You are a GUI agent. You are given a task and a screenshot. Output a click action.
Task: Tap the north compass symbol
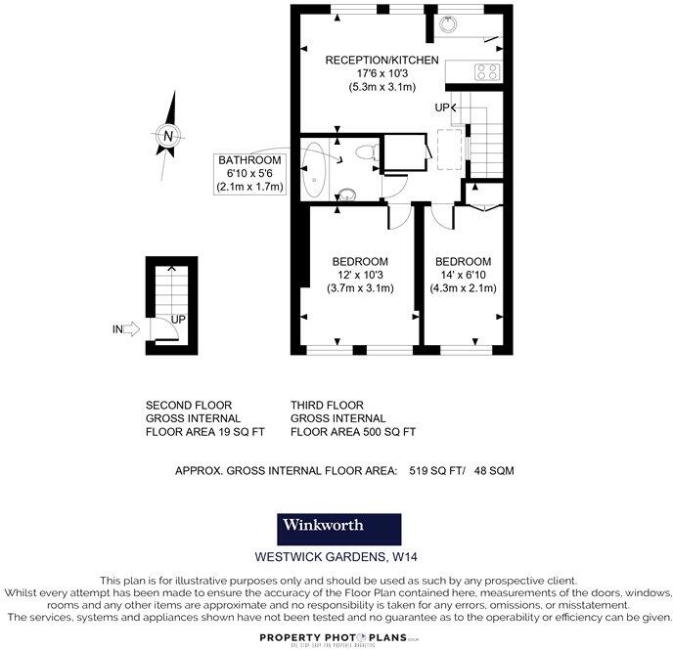tap(168, 136)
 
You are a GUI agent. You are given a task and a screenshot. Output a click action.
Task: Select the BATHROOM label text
tap(249, 160)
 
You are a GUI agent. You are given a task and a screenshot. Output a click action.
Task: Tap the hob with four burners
tap(486, 71)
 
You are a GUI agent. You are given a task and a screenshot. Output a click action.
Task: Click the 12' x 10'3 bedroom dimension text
tap(360, 275)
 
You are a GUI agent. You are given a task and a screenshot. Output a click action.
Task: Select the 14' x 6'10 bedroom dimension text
tap(463, 275)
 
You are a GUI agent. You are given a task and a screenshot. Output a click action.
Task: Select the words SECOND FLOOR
tap(189, 405)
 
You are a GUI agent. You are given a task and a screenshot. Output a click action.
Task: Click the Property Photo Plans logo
tap(336, 637)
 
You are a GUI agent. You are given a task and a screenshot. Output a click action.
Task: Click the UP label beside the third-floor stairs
tap(443, 107)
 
